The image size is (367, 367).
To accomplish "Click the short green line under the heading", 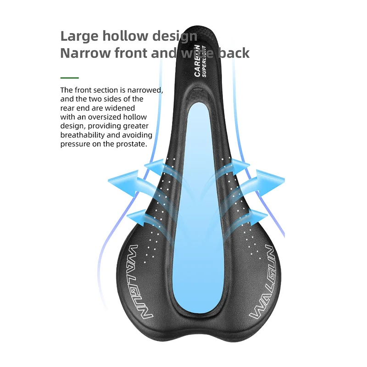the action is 70,78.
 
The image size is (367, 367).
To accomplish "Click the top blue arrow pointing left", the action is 154,166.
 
